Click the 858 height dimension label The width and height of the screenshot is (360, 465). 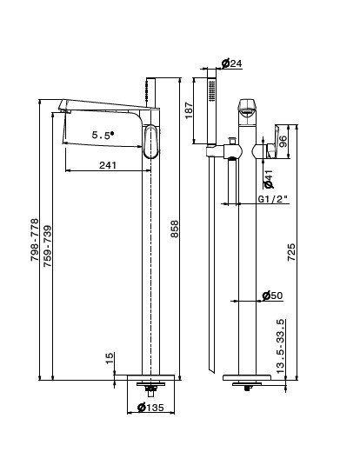point(175,229)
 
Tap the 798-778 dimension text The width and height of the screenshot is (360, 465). point(35,240)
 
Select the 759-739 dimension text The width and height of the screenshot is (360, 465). point(48,246)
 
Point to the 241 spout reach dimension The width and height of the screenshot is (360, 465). point(108,165)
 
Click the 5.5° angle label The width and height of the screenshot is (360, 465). point(103,136)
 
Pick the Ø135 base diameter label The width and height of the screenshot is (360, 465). point(150,407)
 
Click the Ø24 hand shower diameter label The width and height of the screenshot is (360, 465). point(232,63)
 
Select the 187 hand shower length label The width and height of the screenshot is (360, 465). point(189,110)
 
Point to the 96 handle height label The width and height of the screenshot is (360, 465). point(283,142)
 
